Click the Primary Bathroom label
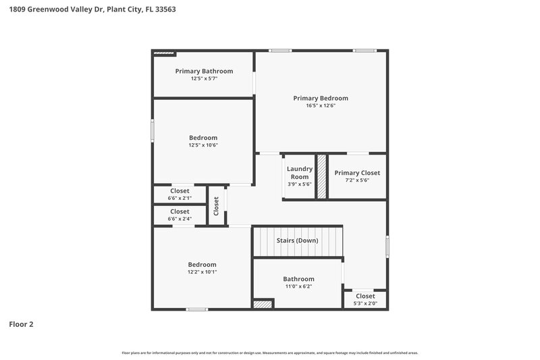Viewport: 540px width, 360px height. click(x=204, y=71)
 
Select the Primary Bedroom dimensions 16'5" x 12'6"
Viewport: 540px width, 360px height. click(x=321, y=106)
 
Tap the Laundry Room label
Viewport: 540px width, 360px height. click(x=299, y=172)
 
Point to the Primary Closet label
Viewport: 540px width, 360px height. click(x=357, y=173)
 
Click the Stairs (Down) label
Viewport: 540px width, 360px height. click(x=298, y=240)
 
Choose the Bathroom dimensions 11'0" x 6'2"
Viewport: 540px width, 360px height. click(x=298, y=286)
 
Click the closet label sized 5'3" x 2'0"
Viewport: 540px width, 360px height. click(x=365, y=296)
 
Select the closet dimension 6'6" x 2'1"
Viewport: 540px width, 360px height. click(x=180, y=199)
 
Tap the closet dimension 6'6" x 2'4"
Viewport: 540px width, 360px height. click(x=180, y=219)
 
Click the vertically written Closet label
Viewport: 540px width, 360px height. click(x=217, y=205)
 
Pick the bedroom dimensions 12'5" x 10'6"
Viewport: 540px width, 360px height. click(x=203, y=145)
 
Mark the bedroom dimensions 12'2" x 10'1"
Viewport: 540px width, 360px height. click(x=202, y=272)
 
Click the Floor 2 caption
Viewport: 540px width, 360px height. click(x=21, y=324)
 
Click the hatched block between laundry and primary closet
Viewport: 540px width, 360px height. click(x=322, y=176)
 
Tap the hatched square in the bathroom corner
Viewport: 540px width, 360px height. click(x=263, y=305)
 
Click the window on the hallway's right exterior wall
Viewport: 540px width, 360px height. click(x=387, y=245)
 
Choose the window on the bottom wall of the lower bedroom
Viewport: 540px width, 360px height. click(x=196, y=309)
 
